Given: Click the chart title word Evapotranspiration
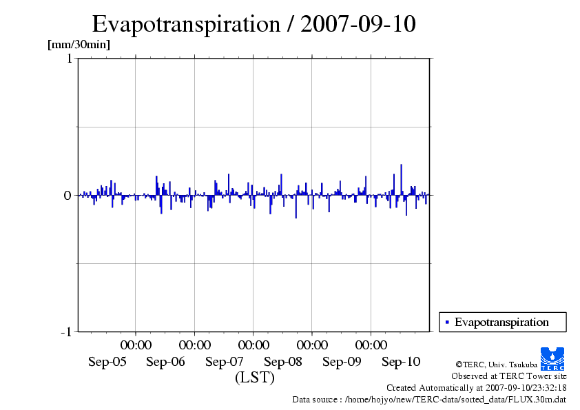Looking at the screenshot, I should (185, 24).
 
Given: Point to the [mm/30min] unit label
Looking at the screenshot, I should (79, 45).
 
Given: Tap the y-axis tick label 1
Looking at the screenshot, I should (69, 59).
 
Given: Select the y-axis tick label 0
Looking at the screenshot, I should (68, 195).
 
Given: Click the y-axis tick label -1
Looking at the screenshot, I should (66, 332).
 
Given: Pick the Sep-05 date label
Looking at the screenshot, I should (107, 362).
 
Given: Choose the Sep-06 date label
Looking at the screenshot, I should (166, 362).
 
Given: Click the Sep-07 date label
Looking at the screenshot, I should (225, 362).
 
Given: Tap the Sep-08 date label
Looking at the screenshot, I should (283, 362).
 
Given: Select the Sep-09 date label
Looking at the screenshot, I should (342, 362).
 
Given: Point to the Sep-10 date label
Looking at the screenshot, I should (401, 362).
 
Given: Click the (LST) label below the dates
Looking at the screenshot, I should (255, 378).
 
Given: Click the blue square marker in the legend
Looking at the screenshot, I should (447, 322).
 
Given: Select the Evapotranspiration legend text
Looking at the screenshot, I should (501, 322).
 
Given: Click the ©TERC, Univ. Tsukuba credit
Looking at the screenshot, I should (496, 364).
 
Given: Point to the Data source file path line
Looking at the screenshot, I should (429, 399).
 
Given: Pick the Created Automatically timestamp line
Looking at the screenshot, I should (476, 387).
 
